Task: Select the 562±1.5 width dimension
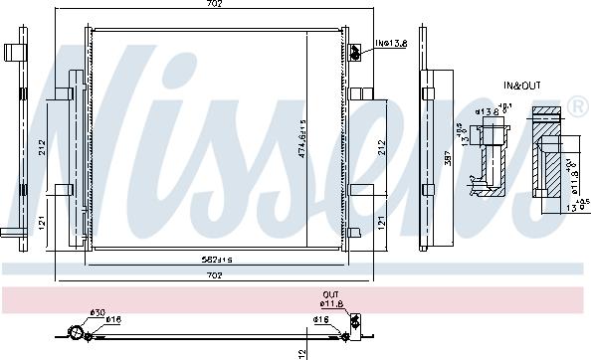[x=216, y=260]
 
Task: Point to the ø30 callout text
[x=98, y=313]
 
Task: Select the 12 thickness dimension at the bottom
[x=301, y=352]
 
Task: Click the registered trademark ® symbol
[x=576, y=102]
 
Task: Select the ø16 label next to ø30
[x=114, y=320]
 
